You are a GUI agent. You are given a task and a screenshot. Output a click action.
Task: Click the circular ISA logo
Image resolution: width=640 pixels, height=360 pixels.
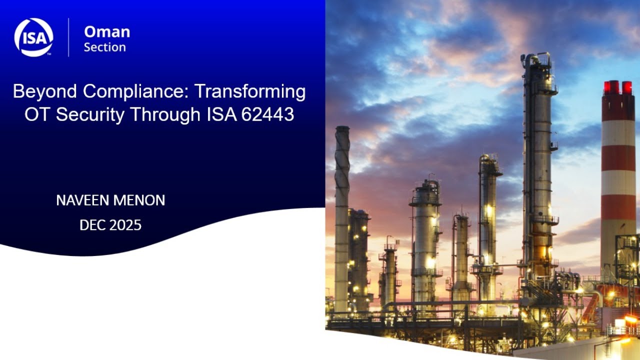33,37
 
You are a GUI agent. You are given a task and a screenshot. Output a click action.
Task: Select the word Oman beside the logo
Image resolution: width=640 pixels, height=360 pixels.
107,32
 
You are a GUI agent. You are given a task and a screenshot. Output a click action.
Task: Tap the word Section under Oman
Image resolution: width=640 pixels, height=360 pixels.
105,47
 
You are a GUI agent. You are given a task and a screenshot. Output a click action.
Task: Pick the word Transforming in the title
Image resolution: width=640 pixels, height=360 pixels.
250,92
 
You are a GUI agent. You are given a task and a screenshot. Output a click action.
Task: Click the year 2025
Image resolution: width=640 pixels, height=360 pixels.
125,225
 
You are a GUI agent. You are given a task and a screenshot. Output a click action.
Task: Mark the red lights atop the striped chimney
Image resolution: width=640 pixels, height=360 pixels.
618,87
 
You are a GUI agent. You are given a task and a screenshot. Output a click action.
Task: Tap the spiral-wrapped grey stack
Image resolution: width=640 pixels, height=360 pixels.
342,210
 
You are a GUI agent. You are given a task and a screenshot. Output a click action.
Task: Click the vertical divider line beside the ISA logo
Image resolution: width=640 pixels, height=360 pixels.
68,37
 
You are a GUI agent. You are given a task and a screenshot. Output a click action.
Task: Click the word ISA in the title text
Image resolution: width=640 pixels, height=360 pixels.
221,115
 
